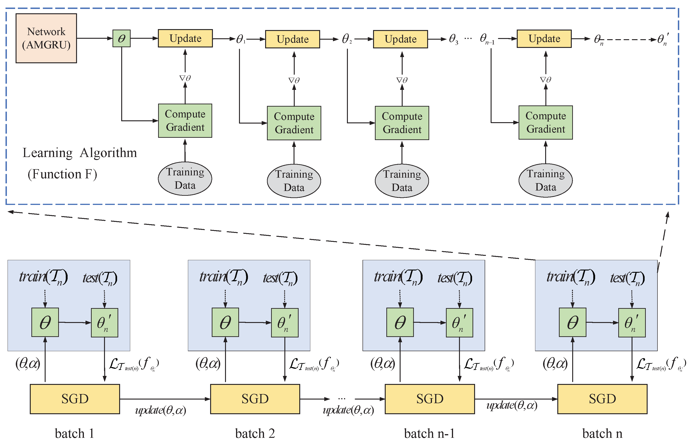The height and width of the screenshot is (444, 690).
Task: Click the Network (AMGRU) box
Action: (x=46, y=38)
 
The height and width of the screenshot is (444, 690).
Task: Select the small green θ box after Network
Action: (x=121, y=38)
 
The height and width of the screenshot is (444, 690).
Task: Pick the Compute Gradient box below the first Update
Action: (x=185, y=121)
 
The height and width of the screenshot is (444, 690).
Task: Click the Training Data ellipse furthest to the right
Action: (x=545, y=180)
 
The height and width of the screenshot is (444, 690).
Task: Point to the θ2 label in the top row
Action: (x=346, y=39)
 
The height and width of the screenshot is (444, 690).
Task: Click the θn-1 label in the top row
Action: (x=487, y=39)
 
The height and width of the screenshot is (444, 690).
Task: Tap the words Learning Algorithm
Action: (x=80, y=153)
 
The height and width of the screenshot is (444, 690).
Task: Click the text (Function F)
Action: (x=62, y=174)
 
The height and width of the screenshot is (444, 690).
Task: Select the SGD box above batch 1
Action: (x=75, y=399)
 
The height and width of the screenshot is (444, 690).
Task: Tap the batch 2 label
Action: (x=255, y=433)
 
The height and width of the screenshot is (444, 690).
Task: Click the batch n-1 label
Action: (x=429, y=433)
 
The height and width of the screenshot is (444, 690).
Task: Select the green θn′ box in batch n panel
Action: (x=632, y=323)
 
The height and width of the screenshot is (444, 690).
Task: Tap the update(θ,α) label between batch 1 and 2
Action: (x=161, y=410)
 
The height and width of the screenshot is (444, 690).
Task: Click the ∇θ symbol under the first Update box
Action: (x=185, y=78)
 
